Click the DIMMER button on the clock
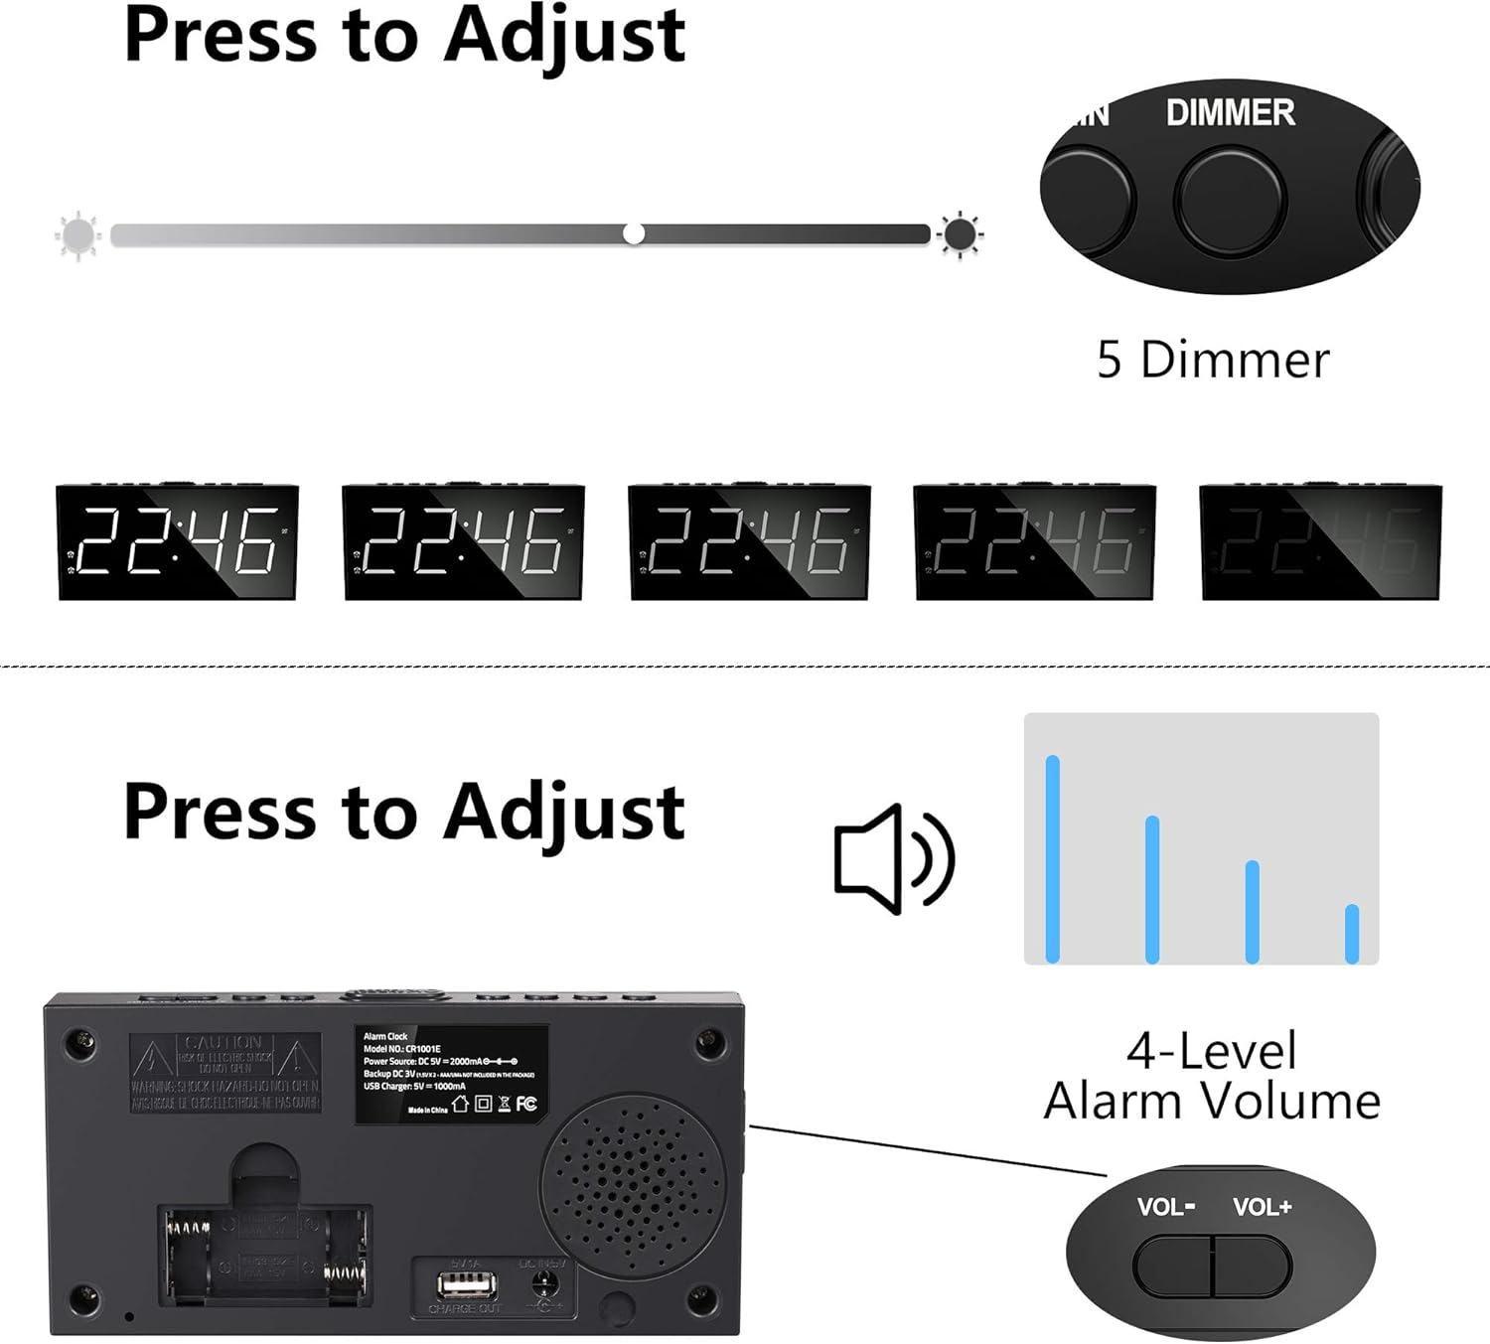[x=1230, y=200]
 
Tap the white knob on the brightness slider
[x=634, y=234]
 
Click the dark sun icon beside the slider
[x=960, y=235]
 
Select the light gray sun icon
[x=77, y=236]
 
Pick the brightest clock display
[x=178, y=542]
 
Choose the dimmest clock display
[x=1320, y=542]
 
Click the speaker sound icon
[x=894, y=859]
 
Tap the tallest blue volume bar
[x=1053, y=859]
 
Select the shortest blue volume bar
[x=1351, y=934]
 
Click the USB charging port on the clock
[x=467, y=1287]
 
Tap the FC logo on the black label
[x=526, y=1104]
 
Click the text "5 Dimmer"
[x=1212, y=360]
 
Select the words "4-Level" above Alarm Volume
[x=1212, y=1051]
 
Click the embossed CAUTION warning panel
[x=224, y=1072]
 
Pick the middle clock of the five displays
[x=750, y=542]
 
